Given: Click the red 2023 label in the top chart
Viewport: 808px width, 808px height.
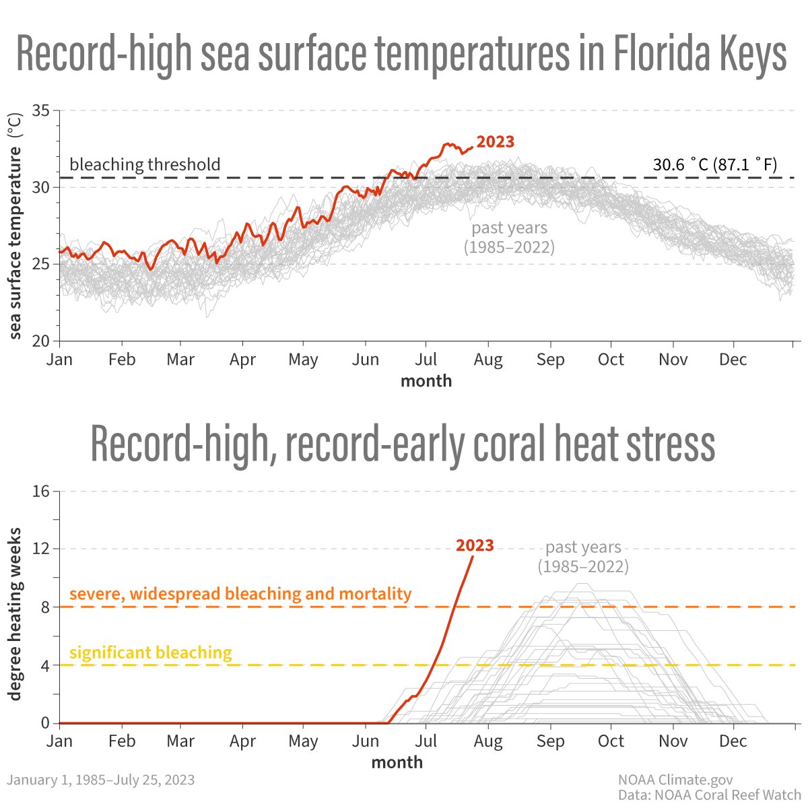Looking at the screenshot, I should tap(495, 142).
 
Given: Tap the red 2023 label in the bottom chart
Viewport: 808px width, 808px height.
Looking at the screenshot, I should tap(475, 545).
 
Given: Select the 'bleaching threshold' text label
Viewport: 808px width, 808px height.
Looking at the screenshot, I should tap(145, 164).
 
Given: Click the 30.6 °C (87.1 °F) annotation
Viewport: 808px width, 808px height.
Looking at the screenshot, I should tap(715, 164).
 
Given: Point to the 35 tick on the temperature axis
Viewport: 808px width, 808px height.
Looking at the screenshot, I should tap(41, 110).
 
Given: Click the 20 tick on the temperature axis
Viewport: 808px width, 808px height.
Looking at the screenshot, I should tap(41, 341).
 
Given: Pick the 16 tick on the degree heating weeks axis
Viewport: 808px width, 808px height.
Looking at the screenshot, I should tap(41, 491).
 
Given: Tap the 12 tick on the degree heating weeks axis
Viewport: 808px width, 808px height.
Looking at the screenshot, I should tap(41, 549).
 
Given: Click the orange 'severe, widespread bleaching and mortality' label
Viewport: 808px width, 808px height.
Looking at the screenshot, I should tap(240, 594).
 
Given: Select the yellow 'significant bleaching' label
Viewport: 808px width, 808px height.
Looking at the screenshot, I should tap(151, 652).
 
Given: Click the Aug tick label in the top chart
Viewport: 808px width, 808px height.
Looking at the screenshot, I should tap(488, 360).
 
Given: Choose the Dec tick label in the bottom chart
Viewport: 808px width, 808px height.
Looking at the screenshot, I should tap(733, 741).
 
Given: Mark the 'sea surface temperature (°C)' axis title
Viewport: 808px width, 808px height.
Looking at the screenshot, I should tap(15, 226).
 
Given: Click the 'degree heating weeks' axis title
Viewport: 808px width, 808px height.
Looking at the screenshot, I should tap(15, 613).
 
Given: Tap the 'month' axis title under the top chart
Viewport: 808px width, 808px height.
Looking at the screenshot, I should tap(426, 381).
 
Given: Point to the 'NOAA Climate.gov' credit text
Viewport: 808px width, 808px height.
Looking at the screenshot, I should tap(675, 780).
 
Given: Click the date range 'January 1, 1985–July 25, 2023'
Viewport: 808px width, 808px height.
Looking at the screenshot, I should tap(101, 780).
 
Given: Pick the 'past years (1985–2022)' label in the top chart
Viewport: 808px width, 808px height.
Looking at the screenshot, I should tap(509, 238).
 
